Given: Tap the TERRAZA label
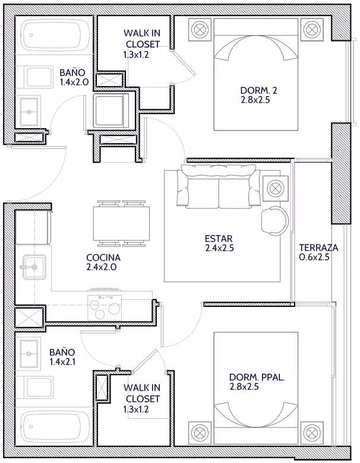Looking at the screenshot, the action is pos(318,248).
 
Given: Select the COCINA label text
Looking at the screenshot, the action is pos(103,258).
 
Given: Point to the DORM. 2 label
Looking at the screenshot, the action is pos(258,90).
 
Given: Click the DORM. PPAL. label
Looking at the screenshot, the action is pos(257,377).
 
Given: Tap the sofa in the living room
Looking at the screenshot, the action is pos(219,186).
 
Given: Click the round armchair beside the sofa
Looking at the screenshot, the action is pos(274,221).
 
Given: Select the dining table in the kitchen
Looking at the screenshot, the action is pos(121,224).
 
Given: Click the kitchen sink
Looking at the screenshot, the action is pos(34,267).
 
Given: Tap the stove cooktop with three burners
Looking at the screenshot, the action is pos(105,307).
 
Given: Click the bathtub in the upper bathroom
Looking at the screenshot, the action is pos(56,36).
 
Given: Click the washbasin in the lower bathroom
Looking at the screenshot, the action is pos(29,353).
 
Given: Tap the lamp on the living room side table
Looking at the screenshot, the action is pos(275,188).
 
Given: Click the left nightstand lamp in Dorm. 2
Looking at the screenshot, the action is pos(200,29).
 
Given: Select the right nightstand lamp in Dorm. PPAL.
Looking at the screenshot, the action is pos(312,433).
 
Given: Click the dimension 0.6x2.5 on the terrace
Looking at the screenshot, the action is pos(314,257).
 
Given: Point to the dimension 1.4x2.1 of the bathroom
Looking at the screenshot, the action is pos(62,361).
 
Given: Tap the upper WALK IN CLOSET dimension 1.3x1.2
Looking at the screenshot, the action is pos(136,55).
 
